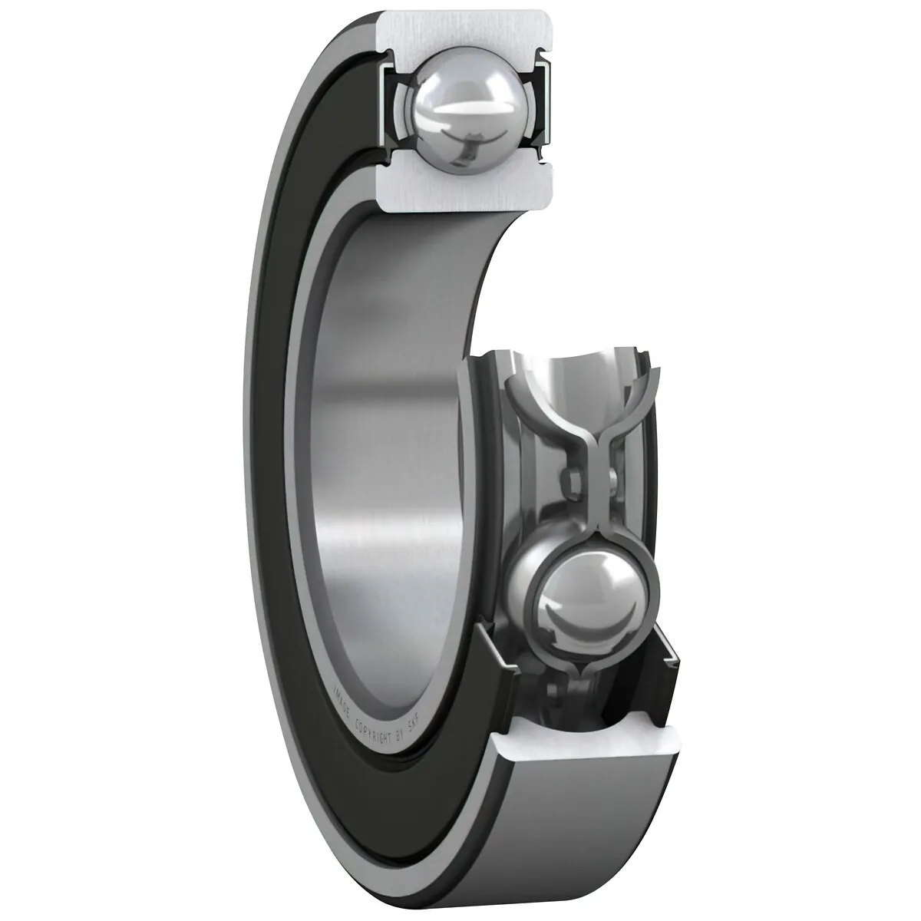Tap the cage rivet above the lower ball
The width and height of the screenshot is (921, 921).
click(x=573, y=484)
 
